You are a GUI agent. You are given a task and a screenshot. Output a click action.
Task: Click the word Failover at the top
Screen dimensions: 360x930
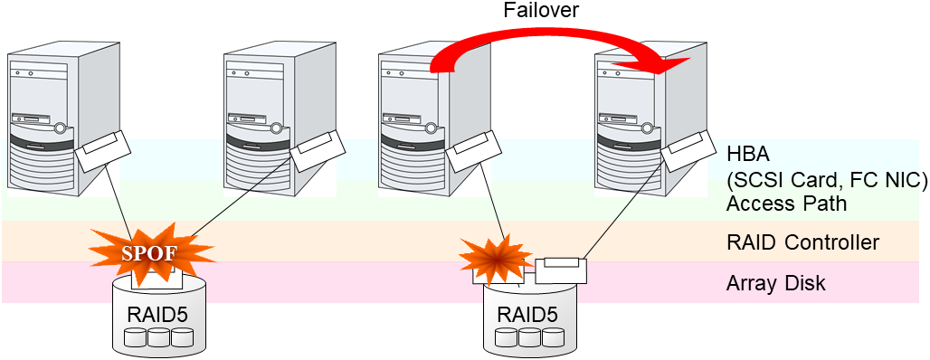[541, 11]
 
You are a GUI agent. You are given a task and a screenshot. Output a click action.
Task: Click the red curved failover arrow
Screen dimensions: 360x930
[543, 41]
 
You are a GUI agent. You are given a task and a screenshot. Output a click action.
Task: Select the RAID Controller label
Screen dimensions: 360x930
[802, 242]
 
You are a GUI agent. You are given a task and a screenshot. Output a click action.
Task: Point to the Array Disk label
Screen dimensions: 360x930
[775, 283]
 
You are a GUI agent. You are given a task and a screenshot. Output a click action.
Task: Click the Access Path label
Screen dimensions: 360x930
[786, 203]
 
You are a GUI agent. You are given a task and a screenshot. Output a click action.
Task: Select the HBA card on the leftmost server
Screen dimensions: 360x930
[102, 153]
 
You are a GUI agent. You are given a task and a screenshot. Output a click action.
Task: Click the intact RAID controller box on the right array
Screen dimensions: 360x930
[561, 269]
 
